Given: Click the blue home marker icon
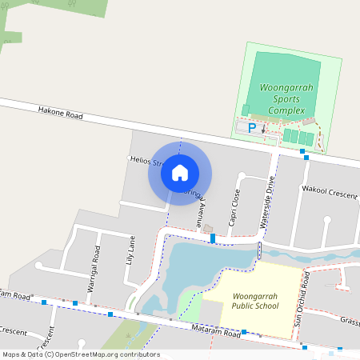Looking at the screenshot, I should (x=180, y=173).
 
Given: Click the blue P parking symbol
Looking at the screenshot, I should (x=253, y=127).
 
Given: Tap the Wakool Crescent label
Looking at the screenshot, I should (x=329, y=190).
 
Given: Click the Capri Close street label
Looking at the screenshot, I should (x=234, y=209).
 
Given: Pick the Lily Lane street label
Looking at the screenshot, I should (x=130, y=251).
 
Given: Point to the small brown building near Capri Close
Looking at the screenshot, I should (x=210, y=230).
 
